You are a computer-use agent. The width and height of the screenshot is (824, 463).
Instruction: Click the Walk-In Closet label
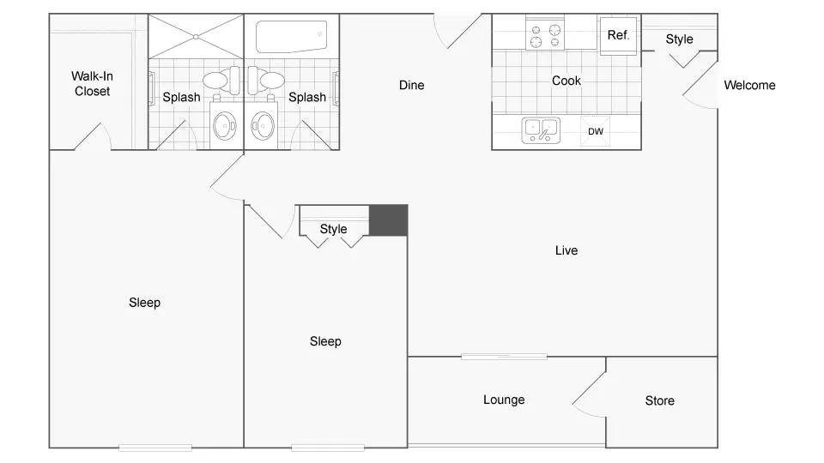click(92, 83)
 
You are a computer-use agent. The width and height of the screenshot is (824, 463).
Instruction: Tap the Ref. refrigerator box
click(619, 35)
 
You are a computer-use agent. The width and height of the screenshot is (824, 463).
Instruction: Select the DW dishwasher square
click(596, 131)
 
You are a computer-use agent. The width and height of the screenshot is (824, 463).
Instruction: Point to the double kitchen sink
click(541, 130)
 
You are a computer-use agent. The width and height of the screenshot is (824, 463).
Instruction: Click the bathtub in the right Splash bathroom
click(291, 36)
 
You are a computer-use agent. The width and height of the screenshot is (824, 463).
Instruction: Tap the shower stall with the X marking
click(196, 37)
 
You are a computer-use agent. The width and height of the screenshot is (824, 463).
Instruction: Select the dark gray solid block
click(388, 220)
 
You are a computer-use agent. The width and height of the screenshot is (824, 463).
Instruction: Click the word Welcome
click(749, 85)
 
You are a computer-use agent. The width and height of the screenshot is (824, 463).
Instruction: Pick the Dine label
click(411, 85)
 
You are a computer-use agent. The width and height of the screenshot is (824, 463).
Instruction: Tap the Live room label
click(566, 250)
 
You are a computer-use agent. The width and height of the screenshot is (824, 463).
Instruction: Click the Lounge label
click(504, 400)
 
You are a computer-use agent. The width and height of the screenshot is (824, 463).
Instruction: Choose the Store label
click(659, 400)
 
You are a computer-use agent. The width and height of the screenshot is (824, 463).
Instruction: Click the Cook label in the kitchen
click(566, 81)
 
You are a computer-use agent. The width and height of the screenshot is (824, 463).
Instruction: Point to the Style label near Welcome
click(680, 39)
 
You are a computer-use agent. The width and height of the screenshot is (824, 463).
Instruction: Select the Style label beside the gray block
click(334, 230)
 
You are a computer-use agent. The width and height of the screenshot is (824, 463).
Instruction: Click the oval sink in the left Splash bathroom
click(225, 126)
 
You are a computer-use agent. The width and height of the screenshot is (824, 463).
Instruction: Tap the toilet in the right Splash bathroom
click(266, 80)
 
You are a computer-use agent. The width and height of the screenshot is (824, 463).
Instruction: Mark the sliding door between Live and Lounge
click(504, 357)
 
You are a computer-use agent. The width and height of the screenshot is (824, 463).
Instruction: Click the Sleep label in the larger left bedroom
click(144, 303)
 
